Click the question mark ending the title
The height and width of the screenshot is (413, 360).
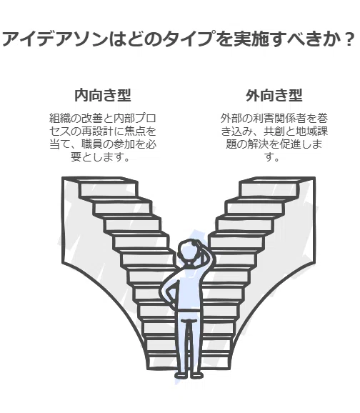click(350, 39)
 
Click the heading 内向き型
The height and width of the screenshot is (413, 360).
click(103, 95)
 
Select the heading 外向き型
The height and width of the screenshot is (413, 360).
click(274, 95)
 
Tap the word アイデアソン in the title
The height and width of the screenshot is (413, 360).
click(55, 39)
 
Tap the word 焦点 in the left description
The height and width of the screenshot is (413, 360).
click(134, 131)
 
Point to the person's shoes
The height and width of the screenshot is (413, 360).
click(189, 374)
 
